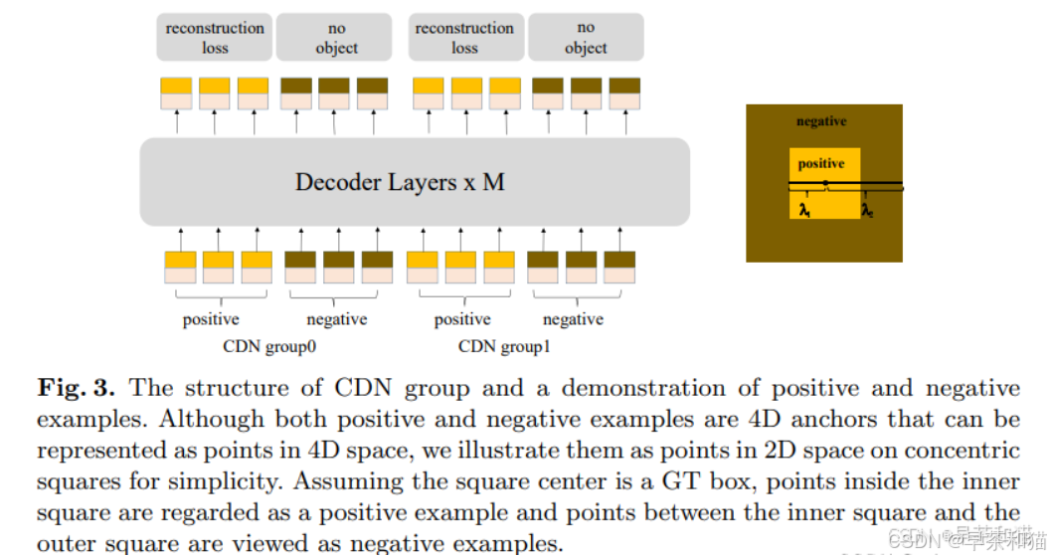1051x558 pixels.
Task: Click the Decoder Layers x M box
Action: point(415,182)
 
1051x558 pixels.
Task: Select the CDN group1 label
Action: point(504,347)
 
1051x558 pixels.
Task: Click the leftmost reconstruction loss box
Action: point(215,37)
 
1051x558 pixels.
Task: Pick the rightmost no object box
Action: point(586,37)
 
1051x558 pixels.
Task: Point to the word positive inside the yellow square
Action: point(821,163)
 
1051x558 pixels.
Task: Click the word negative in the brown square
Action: point(821,121)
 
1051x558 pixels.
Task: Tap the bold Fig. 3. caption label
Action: point(79,388)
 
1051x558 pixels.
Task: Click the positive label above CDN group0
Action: point(211,319)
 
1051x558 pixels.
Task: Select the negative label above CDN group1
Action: point(573,319)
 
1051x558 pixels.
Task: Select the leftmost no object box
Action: point(336,37)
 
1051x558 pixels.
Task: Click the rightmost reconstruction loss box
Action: point(464,37)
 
